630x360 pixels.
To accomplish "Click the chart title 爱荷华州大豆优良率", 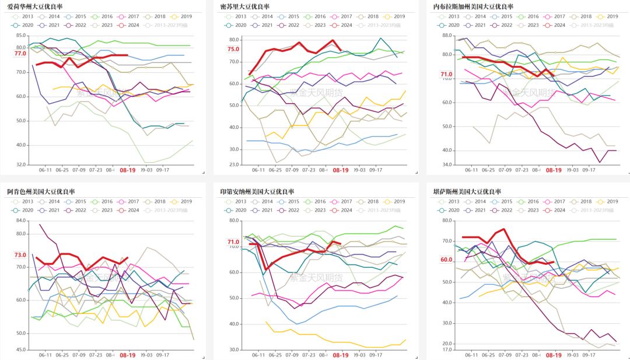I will coord(35,6).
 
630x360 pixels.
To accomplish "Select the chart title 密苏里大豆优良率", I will coord(245,6).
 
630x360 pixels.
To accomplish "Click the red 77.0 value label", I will coord(20,54).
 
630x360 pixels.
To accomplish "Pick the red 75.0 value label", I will coord(233,50).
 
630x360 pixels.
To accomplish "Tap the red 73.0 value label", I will coord(20,255).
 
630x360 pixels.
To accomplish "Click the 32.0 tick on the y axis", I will coord(20,165).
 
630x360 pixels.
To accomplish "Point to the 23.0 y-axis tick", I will coord(233,165).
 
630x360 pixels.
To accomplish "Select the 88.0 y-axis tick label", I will coord(447,36).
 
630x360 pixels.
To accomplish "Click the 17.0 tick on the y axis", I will coord(447,349).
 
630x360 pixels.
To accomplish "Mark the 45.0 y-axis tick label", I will coord(20,349).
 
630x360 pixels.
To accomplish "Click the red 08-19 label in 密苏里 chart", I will coord(340,170).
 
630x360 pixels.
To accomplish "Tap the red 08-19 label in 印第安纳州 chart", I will coord(340,355).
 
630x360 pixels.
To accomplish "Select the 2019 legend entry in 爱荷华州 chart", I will coord(187,16).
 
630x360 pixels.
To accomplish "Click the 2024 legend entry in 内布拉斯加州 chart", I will coord(559,25).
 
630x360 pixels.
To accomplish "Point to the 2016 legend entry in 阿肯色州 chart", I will coord(108,201).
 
